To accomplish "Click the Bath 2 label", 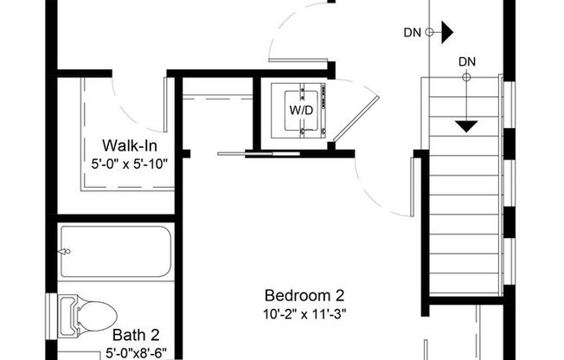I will (135, 335).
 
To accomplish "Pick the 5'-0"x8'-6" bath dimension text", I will (135, 352).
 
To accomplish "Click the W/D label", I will (300, 111).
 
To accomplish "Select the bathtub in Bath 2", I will (116, 252).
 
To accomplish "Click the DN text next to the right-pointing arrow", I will (413, 34).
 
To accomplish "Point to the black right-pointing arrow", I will (446, 34).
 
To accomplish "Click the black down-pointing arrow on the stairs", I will (467, 126).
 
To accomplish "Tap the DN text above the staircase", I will (467, 61).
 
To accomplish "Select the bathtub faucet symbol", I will (64, 252).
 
